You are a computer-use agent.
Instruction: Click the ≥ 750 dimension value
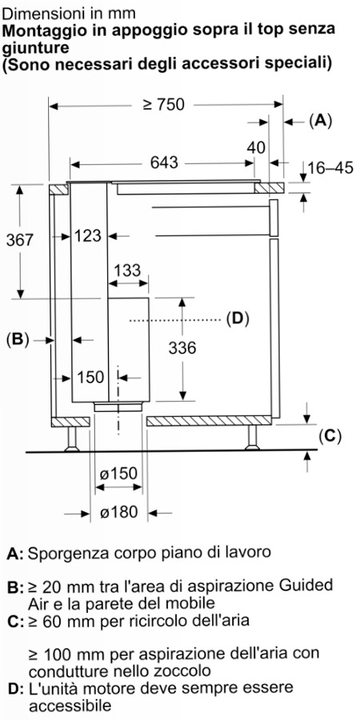pos(163,105)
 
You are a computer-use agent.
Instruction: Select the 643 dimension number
pos(164,162)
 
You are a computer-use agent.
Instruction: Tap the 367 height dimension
pos(20,240)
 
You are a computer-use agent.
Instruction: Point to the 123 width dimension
pos(88,236)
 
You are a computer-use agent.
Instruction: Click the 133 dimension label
pos(127,271)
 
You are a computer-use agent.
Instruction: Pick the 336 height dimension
pos(182,348)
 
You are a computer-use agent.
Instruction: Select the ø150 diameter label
pos(118,474)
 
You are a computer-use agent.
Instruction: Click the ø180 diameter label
pos(118,512)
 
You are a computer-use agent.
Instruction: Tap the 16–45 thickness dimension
pos(330,168)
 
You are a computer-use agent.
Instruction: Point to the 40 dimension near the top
pos(256,148)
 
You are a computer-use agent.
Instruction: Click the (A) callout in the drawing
pos(320,122)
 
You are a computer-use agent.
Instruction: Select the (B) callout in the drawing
pos(18,339)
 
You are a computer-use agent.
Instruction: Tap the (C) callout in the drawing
pos(330,436)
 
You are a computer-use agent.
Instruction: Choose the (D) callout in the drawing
pos(238,318)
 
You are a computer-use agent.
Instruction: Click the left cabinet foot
pos(72,439)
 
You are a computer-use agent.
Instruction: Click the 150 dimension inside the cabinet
pos(90,378)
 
